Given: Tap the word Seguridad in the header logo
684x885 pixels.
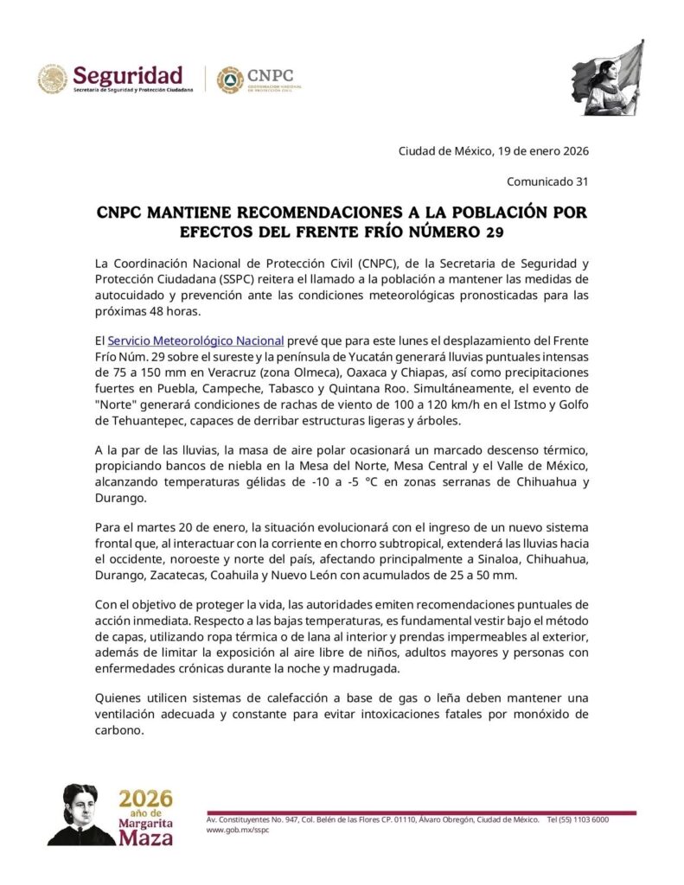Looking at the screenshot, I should (x=127, y=74).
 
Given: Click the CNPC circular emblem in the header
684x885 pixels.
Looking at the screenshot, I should (x=229, y=80).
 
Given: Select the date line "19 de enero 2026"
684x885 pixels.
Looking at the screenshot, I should (x=543, y=151).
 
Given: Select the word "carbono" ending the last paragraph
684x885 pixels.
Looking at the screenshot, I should (x=120, y=729).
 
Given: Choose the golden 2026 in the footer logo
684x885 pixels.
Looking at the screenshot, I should (x=144, y=797).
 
